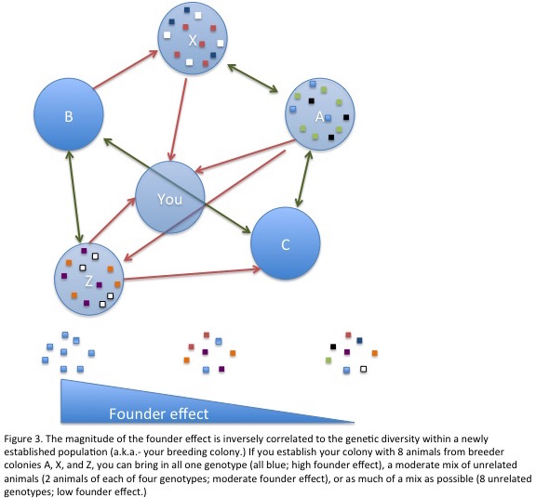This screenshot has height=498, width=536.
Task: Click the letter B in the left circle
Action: tap(69, 116)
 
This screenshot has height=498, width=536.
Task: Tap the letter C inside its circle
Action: tap(286, 244)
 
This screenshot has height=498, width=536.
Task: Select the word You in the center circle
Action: tap(170, 200)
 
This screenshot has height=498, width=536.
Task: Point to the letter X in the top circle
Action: tap(193, 41)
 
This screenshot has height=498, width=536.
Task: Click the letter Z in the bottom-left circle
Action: tap(89, 282)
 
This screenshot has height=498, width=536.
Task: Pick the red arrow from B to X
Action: tap(125, 70)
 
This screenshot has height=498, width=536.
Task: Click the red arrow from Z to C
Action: tap(192, 274)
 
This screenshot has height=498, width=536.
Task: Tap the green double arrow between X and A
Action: tap(252, 78)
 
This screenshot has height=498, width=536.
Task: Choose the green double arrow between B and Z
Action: tap(74, 197)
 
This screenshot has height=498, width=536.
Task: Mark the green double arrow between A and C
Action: tap(304, 179)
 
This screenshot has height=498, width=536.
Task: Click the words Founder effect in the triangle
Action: tap(158, 413)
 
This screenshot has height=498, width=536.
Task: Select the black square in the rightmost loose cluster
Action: tap(333, 347)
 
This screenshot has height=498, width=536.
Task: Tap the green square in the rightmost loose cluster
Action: tap(328, 360)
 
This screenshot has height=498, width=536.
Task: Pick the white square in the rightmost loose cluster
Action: tap(363, 369)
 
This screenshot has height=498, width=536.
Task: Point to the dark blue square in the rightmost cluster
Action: tap(359, 340)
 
